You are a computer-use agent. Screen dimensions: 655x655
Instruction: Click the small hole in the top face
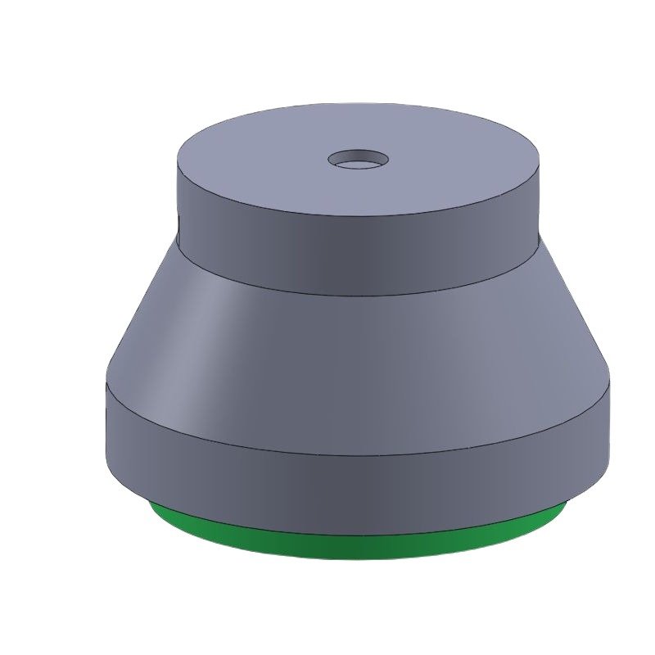pos(359,160)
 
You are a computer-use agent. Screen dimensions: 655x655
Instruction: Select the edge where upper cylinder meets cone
pos(360,293)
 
